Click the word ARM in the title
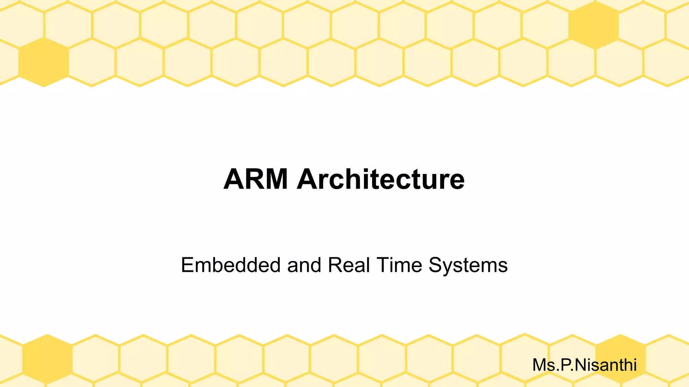(x=256, y=179)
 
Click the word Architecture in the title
(x=380, y=179)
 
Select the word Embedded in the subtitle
(x=230, y=265)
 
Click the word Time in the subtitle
(x=399, y=265)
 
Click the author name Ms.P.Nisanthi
(x=584, y=365)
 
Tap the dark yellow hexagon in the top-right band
(x=593, y=25)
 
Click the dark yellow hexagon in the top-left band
(x=44, y=62)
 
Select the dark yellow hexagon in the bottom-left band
(x=47, y=359)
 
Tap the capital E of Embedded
(x=188, y=265)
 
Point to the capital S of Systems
(x=435, y=265)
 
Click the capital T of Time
(x=383, y=265)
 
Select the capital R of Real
(x=334, y=265)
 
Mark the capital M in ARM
(x=275, y=179)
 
